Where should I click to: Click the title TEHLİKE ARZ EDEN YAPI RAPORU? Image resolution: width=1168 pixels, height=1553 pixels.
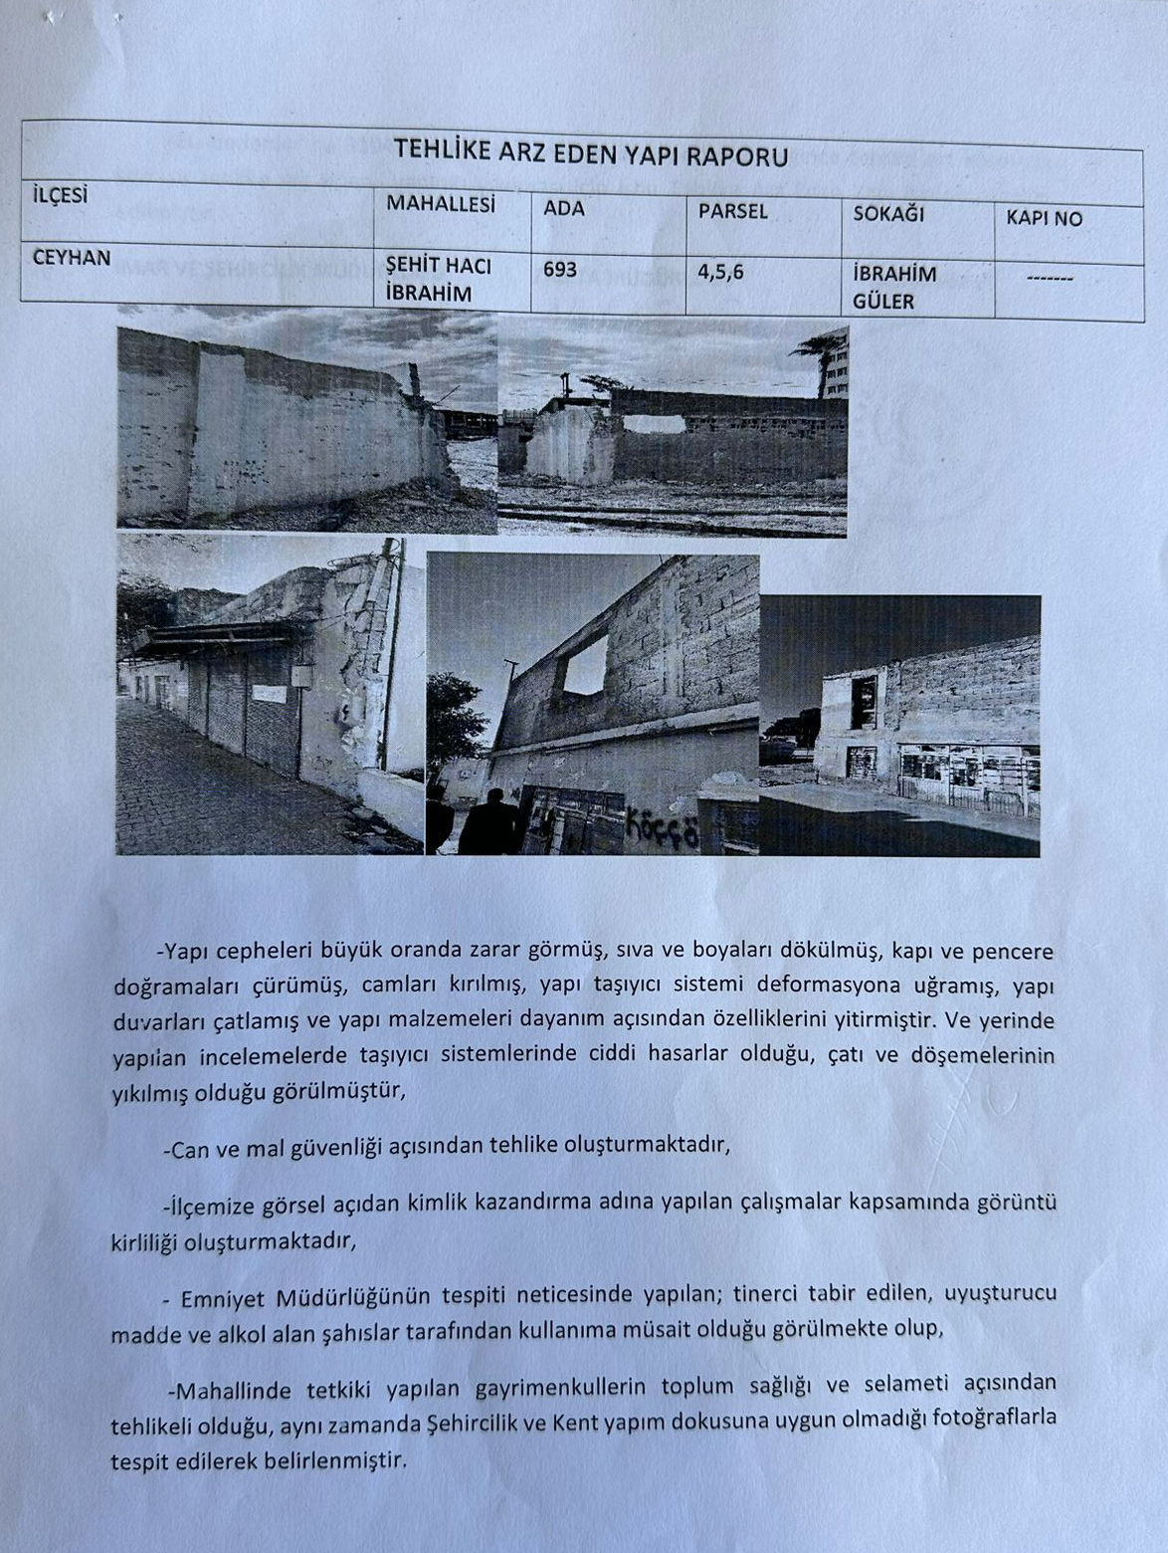[590, 154]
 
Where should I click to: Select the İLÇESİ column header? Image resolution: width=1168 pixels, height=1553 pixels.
[60, 196]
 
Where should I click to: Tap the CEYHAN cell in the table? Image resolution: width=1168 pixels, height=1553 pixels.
[72, 257]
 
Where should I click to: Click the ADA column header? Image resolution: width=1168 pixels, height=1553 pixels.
[564, 209]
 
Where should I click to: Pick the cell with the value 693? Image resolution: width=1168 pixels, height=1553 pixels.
[560, 269]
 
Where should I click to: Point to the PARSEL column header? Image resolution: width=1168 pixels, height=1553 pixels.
[732, 211]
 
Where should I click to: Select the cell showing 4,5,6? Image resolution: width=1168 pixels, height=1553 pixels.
[720, 271]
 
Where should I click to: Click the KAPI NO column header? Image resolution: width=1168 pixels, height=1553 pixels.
[1044, 218]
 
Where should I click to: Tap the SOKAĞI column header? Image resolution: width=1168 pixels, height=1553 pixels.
[888, 214]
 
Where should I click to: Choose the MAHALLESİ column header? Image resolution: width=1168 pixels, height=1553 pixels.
[441, 203]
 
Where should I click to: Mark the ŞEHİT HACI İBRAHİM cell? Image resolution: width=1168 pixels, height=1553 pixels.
[438, 280]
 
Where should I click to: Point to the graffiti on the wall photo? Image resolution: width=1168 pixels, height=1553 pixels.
[662, 825]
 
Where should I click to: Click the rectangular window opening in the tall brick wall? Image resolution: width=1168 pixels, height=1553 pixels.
[585, 665]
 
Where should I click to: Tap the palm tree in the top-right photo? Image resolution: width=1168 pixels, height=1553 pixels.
[820, 351]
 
